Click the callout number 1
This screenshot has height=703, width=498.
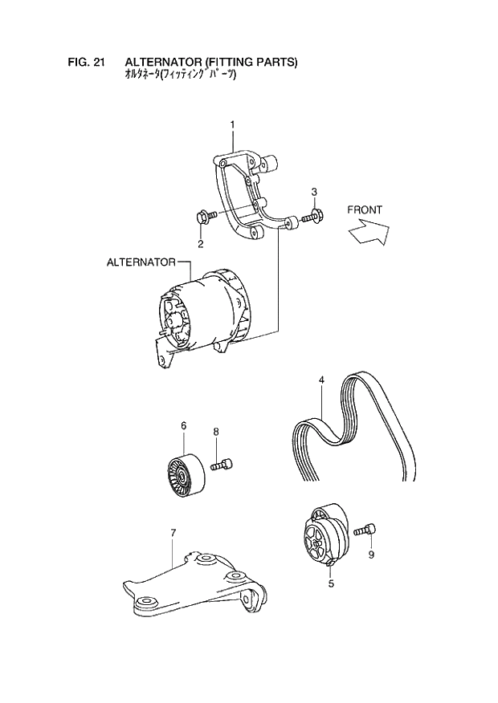click(x=232, y=124)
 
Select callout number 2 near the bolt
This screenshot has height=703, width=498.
click(x=200, y=243)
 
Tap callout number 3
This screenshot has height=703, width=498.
click(x=314, y=191)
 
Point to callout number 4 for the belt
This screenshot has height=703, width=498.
click(x=320, y=380)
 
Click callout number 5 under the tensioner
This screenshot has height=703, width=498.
click(x=331, y=584)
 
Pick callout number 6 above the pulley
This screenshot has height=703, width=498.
click(x=182, y=425)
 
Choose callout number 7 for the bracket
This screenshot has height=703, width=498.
click(x=172, y=531)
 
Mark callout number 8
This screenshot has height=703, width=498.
click(x=215, y=432)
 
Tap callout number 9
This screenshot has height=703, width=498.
click(x=371, y=554)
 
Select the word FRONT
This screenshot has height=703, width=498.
click(x=364, y=210)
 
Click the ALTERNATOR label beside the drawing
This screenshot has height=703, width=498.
click(x=141, y=262)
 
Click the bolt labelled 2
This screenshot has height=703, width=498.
click(x=202, y=217)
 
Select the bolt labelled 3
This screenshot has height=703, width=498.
click(x=311, y=217)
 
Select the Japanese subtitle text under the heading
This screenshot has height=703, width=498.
click(x=182, y=76)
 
